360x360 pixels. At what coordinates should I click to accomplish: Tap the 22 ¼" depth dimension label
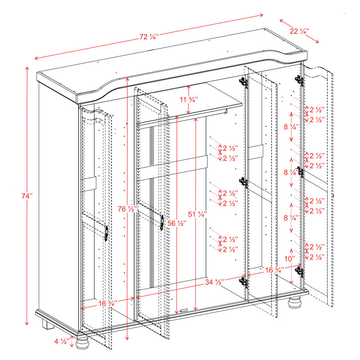[x=299, y=31]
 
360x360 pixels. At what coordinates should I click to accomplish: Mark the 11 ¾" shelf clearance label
[x=188, y=99]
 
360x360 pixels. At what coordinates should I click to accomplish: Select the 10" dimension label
[x=290, y=259]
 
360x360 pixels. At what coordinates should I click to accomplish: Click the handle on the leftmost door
[x=106, y=233]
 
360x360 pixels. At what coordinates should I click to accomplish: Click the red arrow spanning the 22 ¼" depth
[x=299, y=31]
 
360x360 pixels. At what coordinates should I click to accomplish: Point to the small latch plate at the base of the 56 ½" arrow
[x=184, y=310]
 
